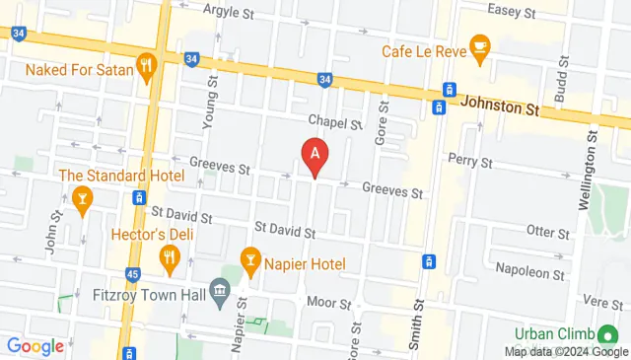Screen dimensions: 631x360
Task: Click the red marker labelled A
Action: coord(315,156)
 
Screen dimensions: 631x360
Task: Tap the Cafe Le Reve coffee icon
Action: coord(480,45)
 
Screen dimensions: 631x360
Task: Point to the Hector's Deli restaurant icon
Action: coord(169,258)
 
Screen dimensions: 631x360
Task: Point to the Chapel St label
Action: coord(335,122)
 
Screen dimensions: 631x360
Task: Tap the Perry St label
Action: coord(468,160)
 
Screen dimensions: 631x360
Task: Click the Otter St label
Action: coord(548,233)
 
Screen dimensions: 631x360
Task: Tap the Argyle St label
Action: coord(228,10)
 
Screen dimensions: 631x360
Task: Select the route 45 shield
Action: coord(132,275)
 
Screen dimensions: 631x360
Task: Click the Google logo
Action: coord(35,345)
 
